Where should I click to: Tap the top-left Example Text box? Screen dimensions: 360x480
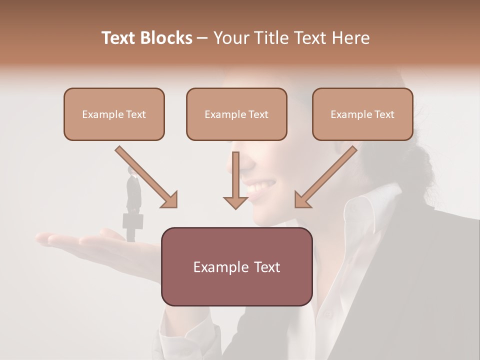(x=114, y=114)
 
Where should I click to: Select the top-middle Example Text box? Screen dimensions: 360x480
(x=236, y=114)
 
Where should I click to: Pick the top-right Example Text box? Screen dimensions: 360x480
(x=362, y=114)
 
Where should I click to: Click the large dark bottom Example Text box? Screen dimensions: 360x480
(x=236, y=266)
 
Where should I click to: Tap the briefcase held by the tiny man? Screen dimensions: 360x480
(x=133, y=221)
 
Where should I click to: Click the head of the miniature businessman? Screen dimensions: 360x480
(x=131, y=170)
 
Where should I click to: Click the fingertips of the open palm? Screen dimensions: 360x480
(x=42, y=238)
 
